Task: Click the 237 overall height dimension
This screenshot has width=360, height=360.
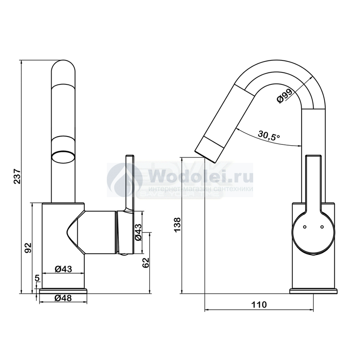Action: pyautogui.click(x=18, y=176)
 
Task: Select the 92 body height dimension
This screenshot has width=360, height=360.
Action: pyautogui.click(x=28, y=248)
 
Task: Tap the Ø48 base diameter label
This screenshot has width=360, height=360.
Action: pyautogui.click(x=63, y=298)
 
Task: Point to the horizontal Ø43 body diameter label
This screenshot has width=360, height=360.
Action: pyautogui.click(x=63, y=269)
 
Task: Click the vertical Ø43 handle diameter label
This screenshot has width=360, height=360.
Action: pyautogui.click(x=138, y=232)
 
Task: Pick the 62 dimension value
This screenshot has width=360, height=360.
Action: pyautogui.click(x=146, y=263)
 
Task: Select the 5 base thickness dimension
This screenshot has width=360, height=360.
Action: pyautogui.click(x=37, y=278)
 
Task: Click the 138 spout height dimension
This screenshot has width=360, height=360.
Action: pyautogui.click(x=178, y=225)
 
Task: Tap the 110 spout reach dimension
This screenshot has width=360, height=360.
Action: pyautogui.click(x=259, y=305)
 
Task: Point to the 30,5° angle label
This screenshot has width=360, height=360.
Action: pyautogui.click(x=269, y=135)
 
